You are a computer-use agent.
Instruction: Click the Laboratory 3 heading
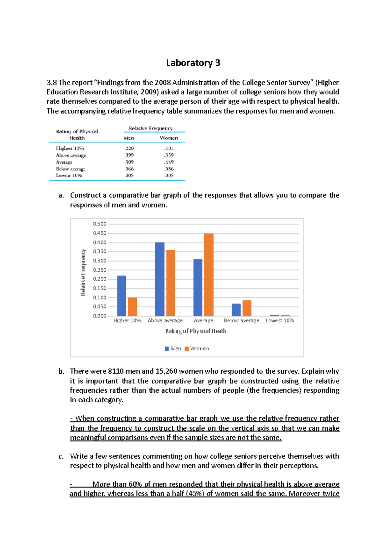pos(193,63)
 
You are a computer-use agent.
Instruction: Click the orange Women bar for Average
pos(209,275)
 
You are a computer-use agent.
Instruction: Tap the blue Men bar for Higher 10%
pos(122,296)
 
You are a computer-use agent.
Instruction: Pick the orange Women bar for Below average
pos(247,308)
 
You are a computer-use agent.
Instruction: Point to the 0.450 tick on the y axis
pos(100,233)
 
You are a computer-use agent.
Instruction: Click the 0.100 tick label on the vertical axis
pos(100,297)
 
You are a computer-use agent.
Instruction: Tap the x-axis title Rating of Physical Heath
pos(196,331)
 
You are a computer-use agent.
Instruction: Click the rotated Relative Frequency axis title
pos(83,272)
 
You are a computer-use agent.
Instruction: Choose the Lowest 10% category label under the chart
pos(280,320)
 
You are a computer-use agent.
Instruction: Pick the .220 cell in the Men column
pos(129,148)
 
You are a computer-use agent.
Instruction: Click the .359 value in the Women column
pos(169,155)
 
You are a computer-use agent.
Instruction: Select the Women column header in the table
pos(169,138)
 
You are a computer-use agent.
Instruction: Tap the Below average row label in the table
pos(71,169)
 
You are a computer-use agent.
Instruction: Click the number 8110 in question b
pos(116,371)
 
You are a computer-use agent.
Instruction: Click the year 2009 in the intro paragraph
pos(149,92)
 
